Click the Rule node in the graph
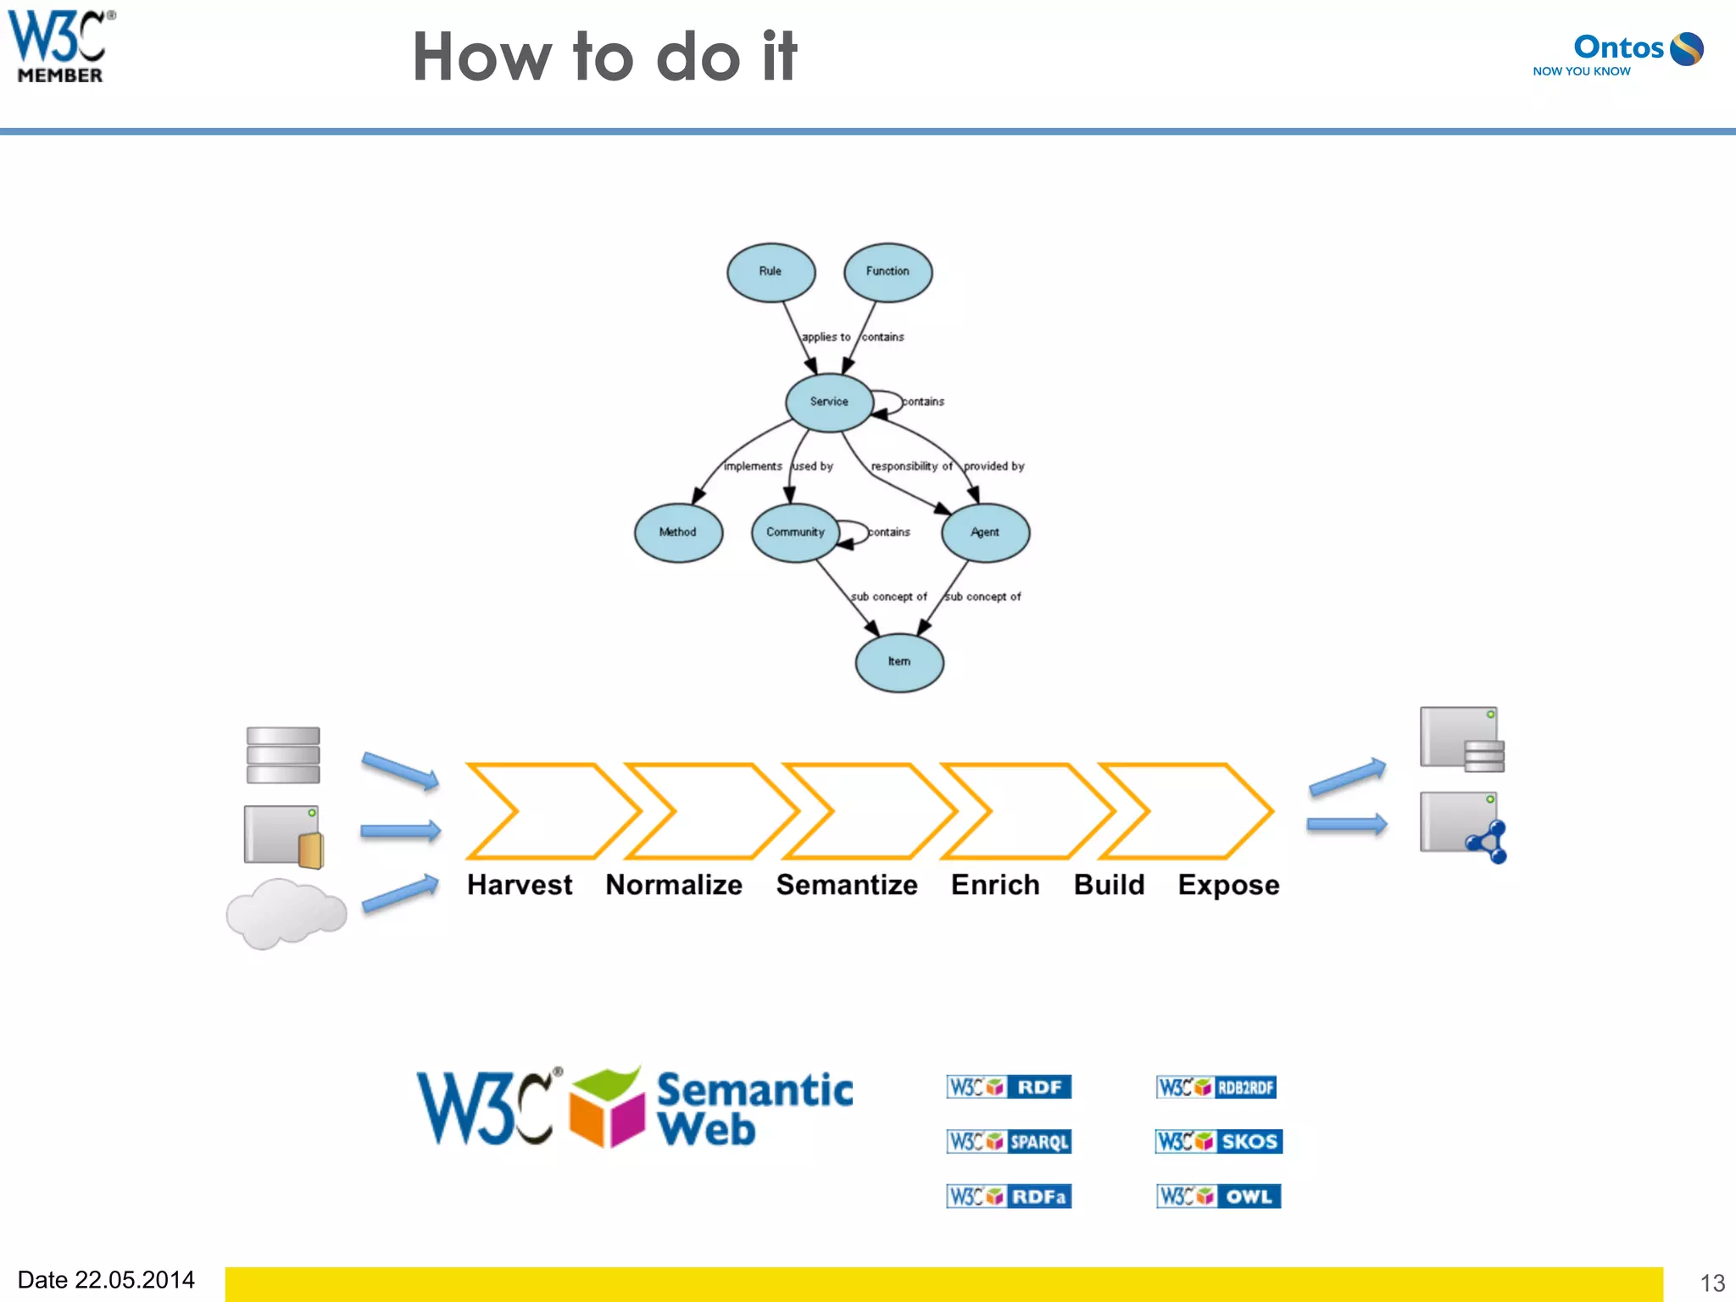tap(771, 272)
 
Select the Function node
tap(887, 272)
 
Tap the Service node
tap(829, 402)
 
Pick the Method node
tap(678, 532)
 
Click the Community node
tap(795, 532)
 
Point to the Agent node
tap(985, 532)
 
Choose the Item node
tap(899, 662)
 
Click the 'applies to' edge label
tap(826, 337)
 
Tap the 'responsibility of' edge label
tap(911, 466)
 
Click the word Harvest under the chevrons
tap(520, 885)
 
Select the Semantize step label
tap(847, 885)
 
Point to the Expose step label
tap(1228, 885)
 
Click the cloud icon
tap(286, 914)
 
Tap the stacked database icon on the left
tap(283, 754)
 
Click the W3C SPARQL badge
tap(1009, 1142)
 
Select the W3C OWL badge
tap(1218, 1196)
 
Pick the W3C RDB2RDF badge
tap(1216, 1088)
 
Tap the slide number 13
tap(1711, 1283)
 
